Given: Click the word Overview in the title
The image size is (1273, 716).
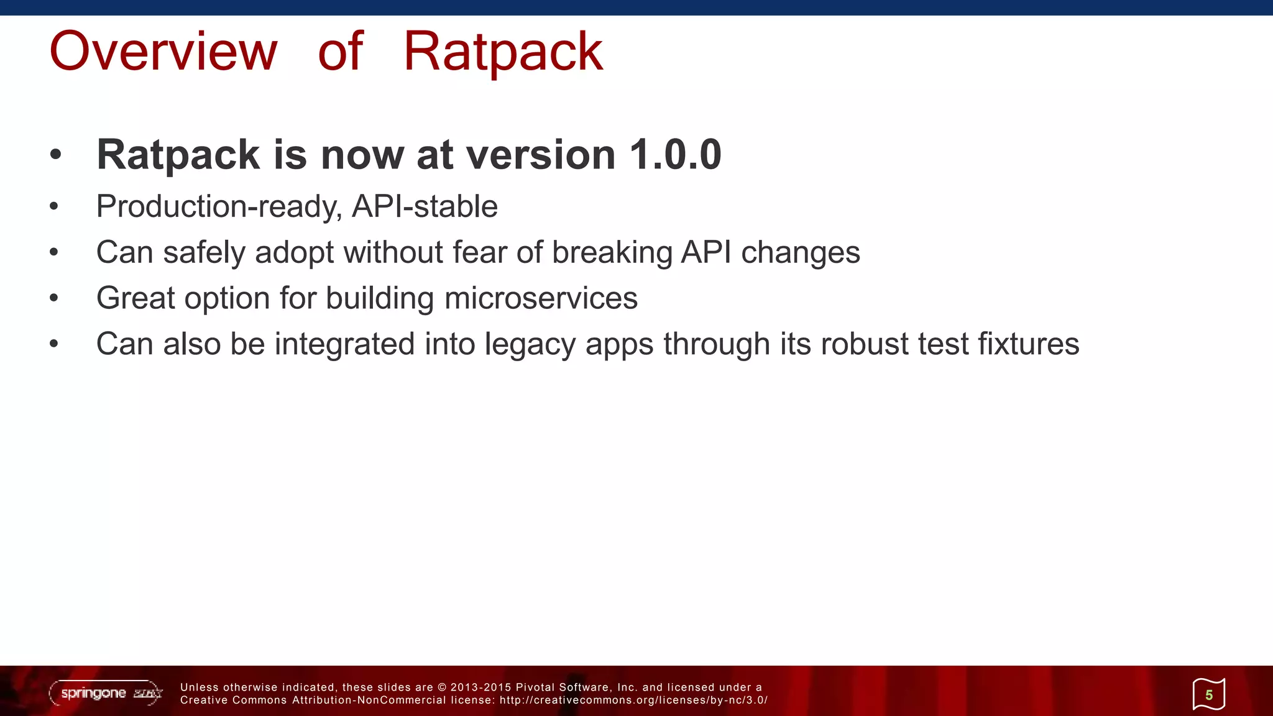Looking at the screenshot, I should pos(163,52).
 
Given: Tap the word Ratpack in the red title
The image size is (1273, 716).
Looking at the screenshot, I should pos(503,52).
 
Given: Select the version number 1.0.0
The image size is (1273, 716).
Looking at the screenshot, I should pos(675,155).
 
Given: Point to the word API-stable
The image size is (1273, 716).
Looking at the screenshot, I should pos(425,206).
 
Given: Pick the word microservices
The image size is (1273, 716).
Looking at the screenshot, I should pos(541,298).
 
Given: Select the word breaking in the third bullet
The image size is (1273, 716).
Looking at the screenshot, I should pos(612,253).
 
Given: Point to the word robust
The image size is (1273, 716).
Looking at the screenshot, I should pos(865,344).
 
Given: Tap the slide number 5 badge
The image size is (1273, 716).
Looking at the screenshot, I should pos(1208,694).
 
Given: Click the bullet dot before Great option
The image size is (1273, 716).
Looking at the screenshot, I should pos(54,298).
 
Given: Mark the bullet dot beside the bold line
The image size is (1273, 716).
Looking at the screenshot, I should pos(55,155).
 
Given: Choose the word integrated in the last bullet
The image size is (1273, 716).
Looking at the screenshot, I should pos(344,344).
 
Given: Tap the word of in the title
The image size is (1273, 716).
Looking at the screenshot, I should pos(340,52).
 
